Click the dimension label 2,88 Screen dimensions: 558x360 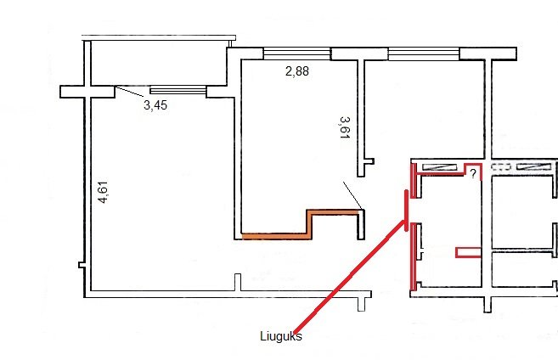tap(297, 71)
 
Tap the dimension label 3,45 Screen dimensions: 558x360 tap(155, 105)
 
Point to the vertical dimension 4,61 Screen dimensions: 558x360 tap(103, 193)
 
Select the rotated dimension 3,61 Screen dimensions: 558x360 tap(345, 127)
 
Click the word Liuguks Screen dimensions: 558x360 tap(281, 336)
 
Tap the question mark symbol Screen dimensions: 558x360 tap(473, 173)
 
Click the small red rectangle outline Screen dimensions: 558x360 tap(469, 252)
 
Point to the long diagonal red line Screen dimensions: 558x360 tap(349, 277)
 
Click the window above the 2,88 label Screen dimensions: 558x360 tap(296, 54)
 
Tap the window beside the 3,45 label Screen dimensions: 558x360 tap(178, 90)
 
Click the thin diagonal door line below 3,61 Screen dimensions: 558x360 tap(352, 195)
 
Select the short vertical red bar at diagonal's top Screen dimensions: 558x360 tap(407, 211)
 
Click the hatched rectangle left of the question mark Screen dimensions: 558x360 tap(439, 166)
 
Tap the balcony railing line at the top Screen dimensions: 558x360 tap(159, 37)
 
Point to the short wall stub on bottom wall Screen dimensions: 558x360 tap(238, 283)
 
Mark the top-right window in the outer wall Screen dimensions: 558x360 tap(424, 54)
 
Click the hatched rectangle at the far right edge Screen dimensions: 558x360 tap(534, 166)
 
